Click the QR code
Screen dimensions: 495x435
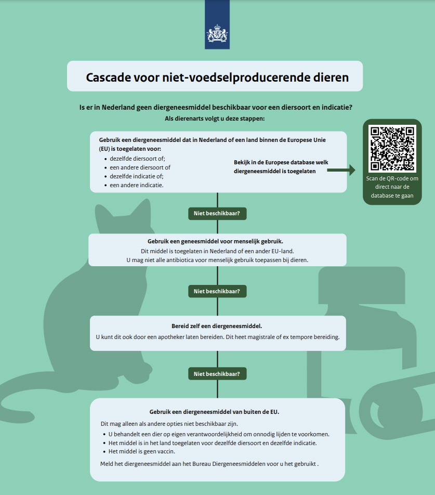(x=392, y=149)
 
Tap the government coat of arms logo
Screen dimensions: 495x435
(x=217, y=33)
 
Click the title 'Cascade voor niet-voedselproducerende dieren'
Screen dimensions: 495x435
(x=217, y=77)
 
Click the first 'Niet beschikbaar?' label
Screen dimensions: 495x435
(x=217, y=213)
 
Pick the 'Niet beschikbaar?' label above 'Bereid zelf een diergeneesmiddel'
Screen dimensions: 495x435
(x=217, y=291)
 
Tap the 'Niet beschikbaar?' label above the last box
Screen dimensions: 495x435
(x=217, y=374)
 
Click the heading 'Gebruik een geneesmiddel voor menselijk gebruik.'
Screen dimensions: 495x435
(x=216, y=241)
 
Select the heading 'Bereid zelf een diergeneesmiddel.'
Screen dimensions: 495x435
(x=217, y=326)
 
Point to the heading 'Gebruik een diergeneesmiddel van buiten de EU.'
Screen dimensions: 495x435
(x=214, y=412)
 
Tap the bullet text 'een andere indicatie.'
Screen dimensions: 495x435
(x=136, y=185)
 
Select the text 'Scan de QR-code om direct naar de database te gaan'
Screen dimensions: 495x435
(x=392, y=187)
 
